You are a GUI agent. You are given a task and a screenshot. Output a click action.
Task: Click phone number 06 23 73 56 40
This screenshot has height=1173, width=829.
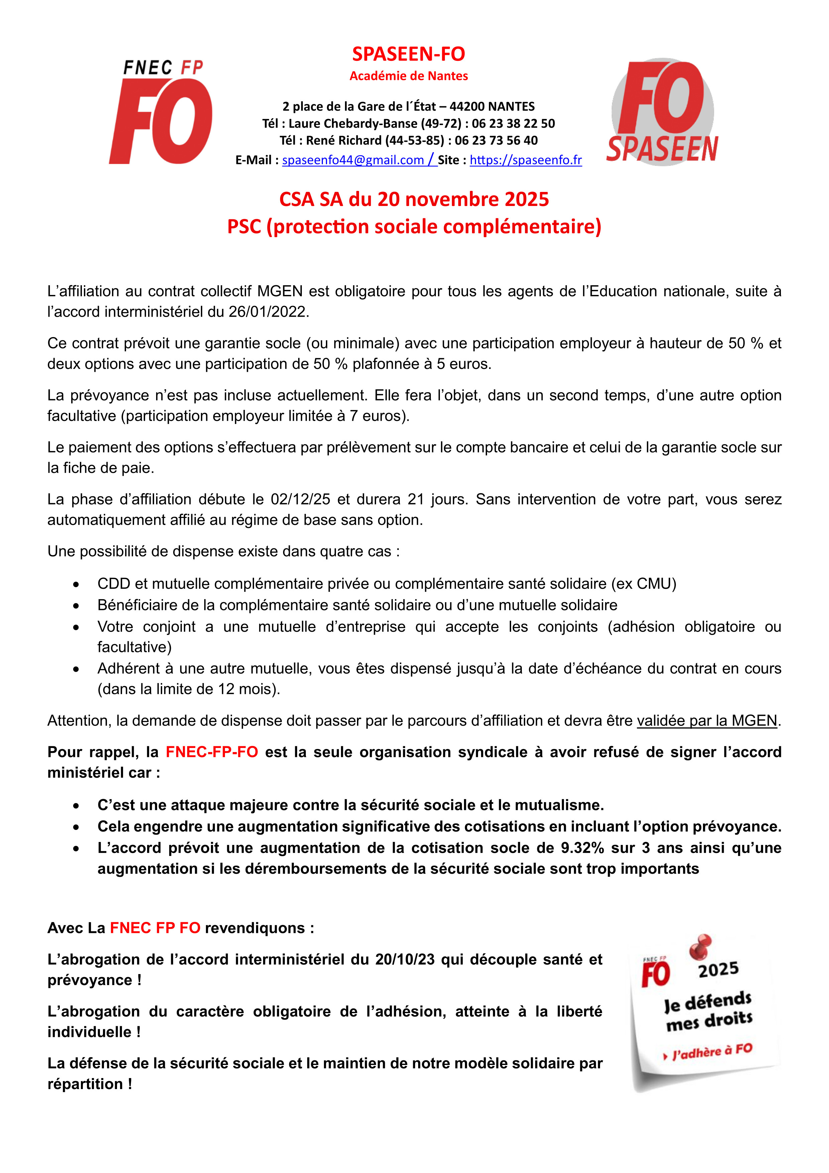click(496, 140)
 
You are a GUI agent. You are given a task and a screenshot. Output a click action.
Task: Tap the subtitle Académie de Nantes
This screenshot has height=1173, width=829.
click(408, 76)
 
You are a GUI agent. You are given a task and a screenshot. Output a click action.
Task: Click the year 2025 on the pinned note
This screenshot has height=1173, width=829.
click(718, 969)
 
